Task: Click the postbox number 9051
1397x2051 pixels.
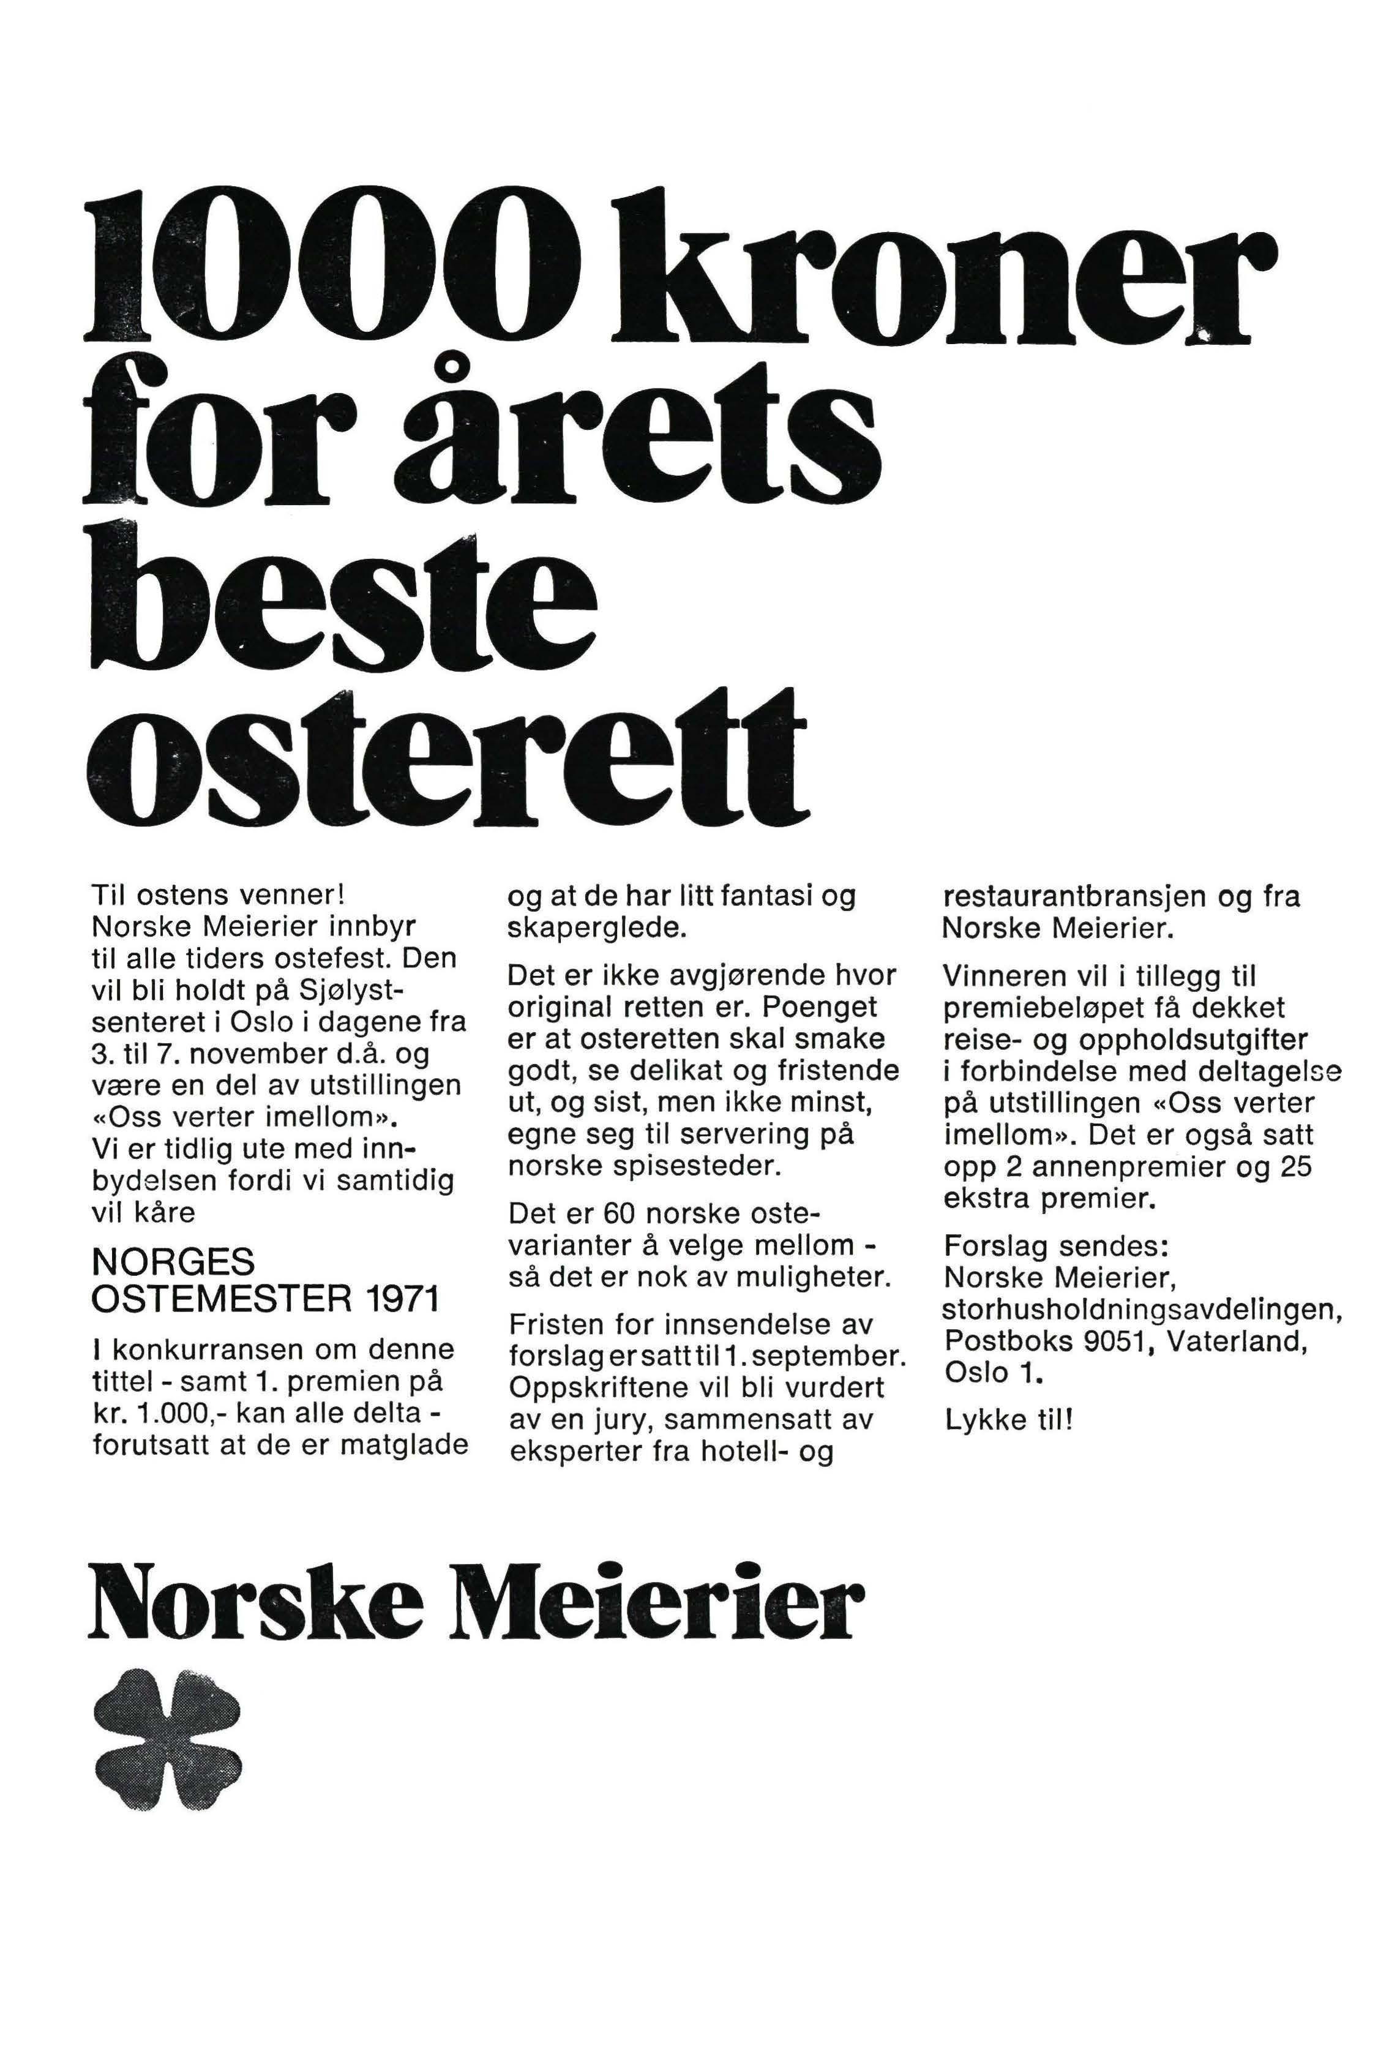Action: pyautogui.click(x=1107, y=1341)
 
